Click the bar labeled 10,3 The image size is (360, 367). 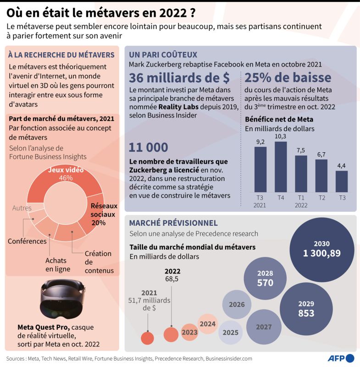point(281,167)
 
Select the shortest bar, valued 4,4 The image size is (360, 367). point(342,181)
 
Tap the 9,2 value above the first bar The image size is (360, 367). point(260,142)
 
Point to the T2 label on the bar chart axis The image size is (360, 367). point(321,198)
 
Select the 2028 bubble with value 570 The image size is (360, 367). point(265,278)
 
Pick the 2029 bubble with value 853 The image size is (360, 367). point(306,309)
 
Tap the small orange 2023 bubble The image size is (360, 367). point(189,332)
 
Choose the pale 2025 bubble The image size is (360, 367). point(230,333)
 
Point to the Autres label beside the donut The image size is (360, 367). point(22,208)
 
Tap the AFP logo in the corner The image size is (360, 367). point(341,358)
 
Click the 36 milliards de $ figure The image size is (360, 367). point(179,78)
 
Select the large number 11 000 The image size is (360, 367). point(148,147)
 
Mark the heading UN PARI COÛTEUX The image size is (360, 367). point(163,55)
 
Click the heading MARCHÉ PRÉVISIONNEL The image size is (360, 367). point(173,223)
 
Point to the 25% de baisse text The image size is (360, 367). point(288,78)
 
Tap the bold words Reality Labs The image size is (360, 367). point(178,107)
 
